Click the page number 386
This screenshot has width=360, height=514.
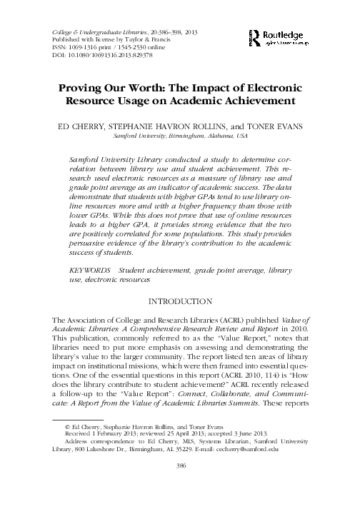pyautogui.click(x=180, y=484)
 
